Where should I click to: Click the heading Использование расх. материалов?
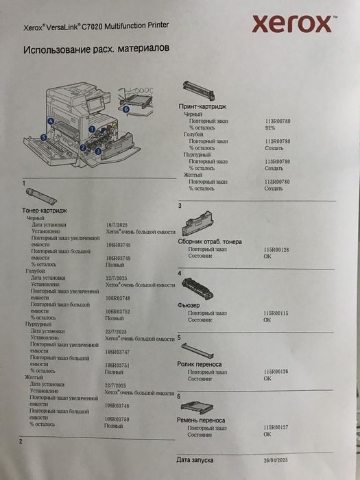tap(97, 51)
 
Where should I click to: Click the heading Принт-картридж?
tap(202, 108)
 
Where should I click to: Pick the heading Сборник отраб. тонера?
tap(209, 242)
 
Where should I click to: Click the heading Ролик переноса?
tap(199, 363)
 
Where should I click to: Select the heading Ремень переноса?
tap(201, 420)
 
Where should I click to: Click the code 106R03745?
tap(118, 244)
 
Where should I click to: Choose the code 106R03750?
tap(118, 418)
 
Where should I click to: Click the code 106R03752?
tap(118, 311)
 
